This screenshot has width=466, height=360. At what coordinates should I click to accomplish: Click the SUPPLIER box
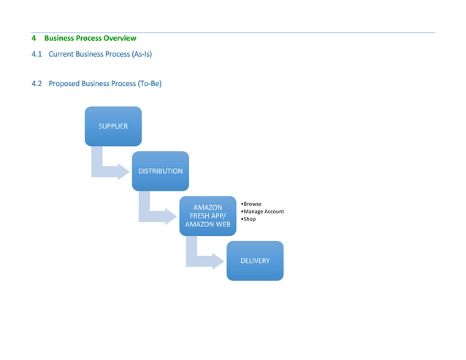113,126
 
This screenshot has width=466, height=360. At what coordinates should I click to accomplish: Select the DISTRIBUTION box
160,171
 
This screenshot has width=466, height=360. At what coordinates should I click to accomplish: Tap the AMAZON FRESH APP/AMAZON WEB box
208,216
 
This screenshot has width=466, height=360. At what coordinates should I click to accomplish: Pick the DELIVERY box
255,261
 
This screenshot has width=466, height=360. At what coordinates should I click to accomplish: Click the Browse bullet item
252,204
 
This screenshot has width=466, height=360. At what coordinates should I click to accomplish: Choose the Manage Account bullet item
263,212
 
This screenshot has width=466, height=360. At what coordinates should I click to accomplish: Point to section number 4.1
37,55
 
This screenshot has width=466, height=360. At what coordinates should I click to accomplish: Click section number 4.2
37,84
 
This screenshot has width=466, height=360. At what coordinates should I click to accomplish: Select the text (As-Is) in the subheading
141,55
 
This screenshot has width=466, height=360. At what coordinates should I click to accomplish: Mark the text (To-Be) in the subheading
149,84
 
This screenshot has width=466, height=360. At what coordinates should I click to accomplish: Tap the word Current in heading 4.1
61,55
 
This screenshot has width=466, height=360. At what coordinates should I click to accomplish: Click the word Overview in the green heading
119,38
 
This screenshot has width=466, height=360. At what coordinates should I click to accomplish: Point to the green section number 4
34,38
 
